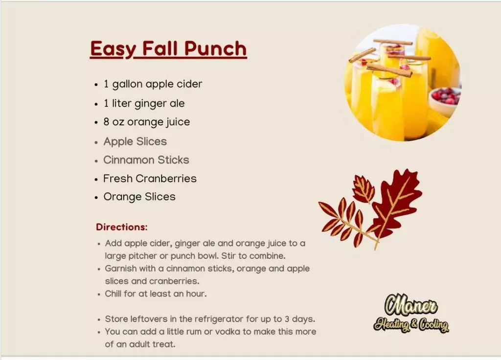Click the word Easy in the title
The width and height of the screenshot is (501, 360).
click(x=113, y=49)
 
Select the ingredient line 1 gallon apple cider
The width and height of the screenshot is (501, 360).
click(x=153, y=84)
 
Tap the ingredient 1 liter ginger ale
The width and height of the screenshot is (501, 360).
click(x=144, y=104)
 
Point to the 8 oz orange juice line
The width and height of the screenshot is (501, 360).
click(x=147, y=122)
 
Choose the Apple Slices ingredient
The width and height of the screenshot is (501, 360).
click(x=135, y=141)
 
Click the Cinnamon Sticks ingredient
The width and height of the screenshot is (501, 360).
click(x=146, y=160)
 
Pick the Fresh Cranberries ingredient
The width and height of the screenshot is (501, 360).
click(x=150, y=179)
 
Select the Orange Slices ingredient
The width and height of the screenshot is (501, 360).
click(x=139, y=197)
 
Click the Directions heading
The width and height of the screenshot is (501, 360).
click(x=122, y=227)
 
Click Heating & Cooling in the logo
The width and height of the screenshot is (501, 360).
click(x=411, y=325)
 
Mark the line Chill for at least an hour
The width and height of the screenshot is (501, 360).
click(x=156, y=294)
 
